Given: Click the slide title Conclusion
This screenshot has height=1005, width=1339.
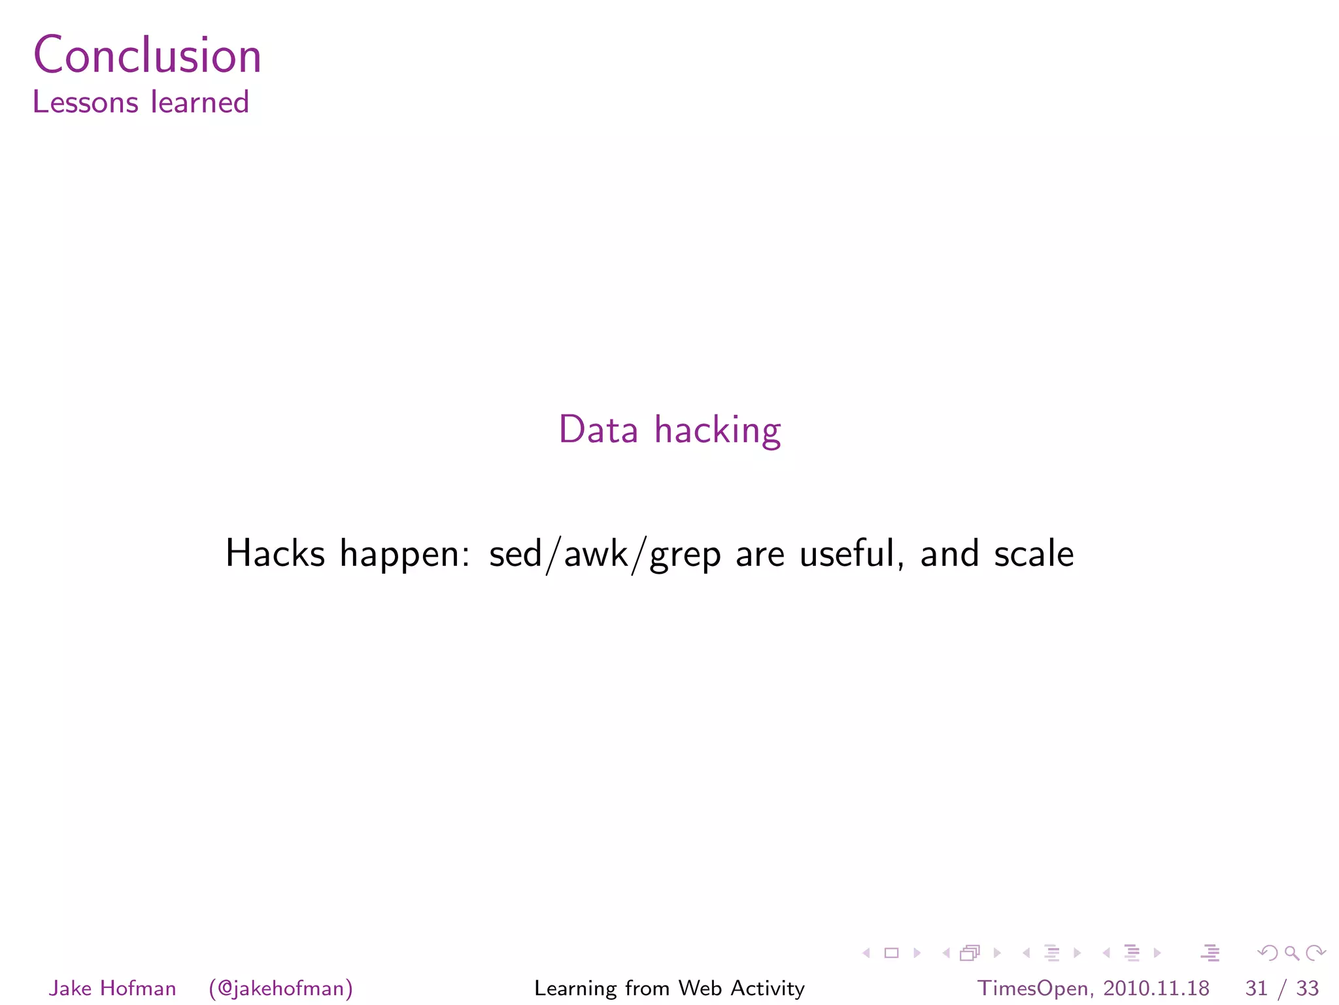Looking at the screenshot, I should pyautogui.click(x=147, y=55).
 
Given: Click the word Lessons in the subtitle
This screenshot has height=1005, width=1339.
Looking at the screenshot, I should pyautogui.click(x=85, y=103).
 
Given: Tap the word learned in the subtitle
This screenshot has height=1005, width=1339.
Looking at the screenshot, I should pyautogui.click(x=199, y=103).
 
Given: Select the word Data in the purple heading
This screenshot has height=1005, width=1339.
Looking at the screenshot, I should pyautogui.click(x=598, y=430).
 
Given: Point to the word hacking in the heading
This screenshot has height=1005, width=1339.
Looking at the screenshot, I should pyautogui.click(x=717, y=431).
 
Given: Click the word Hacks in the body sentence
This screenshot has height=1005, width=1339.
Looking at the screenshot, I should pyautogui.click(x=275, y=554).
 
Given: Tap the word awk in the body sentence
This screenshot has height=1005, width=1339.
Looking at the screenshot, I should pyautogui.click(x=596, y=554).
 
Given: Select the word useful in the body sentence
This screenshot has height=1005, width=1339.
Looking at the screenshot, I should pyautogui.click(x=847, y=554).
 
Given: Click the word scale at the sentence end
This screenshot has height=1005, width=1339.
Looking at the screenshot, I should pyautogui.click(x=1034, y=554).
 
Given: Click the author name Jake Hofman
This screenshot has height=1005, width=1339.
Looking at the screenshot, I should pyautogui.click(x=112, y=988).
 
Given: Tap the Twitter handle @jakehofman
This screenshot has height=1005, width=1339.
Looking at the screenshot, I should pyautogui.click(x=281, y=988).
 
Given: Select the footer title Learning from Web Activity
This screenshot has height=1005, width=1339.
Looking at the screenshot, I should pyautogui.click(x=669, y=988).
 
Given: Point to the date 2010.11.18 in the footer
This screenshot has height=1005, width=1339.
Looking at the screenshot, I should pyautogui.click(x=1156, y=988).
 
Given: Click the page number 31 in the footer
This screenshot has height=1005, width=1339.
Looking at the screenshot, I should pyautogui.click(x=1256, y=988).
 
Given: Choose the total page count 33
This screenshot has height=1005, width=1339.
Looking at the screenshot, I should pyautogui.click(x=1307, y=988).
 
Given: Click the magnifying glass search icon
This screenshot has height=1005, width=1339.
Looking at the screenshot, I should pyautogui.click(x=1291, y=953).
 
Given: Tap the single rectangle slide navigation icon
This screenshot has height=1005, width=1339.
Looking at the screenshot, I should pyautogui.click(x=891, y=953).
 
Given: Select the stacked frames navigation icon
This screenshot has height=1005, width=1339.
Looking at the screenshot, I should pyautogui.click(x=970, y=953).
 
